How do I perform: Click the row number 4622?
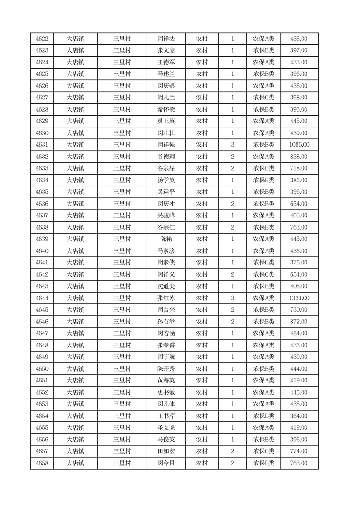click(42, 39)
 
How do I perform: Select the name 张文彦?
click(165, 50)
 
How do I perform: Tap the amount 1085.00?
click(299, 145)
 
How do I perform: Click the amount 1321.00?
click(299, 298)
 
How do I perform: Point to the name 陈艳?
click(165, 239)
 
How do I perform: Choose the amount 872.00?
click(299, 322)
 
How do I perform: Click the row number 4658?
click(42, 463)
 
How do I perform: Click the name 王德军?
click(165, 62)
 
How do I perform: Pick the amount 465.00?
click(299, 215)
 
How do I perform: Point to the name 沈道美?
click(165, 286)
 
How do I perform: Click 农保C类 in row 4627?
click(263, 98)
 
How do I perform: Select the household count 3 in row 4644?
click(233, 298)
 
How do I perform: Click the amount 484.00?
click(299, 333)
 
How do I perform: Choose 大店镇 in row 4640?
click(75, 251)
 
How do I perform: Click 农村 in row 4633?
click(202, 168)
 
